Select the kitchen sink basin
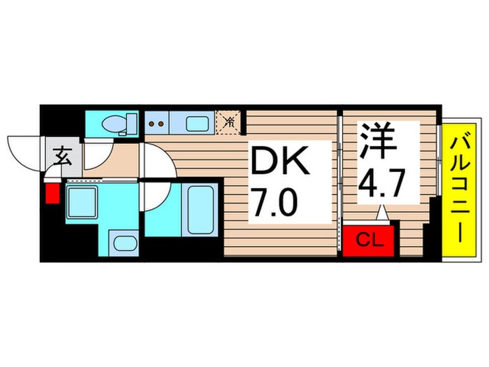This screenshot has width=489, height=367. pos(198,124)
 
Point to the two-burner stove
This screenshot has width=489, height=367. pos(159,124)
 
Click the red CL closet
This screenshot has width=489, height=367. pos(367,240)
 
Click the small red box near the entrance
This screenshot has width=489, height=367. pos(51,191)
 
